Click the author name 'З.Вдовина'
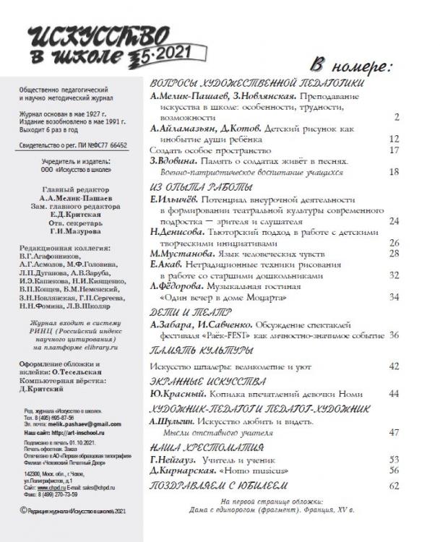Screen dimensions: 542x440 point(175,162)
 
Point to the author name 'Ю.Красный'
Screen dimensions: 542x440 point(177,394)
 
